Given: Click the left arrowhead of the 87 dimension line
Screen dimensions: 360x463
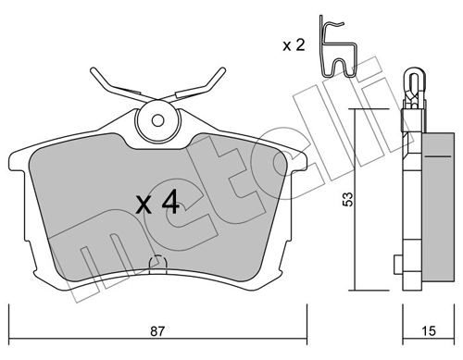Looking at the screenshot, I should (x=13, y=308).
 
